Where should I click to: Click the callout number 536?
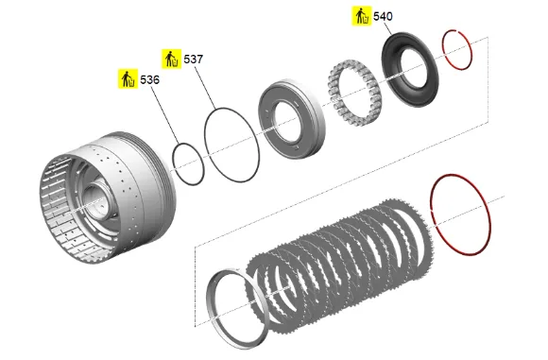tap(149, 80)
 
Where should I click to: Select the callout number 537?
tap(194, 60)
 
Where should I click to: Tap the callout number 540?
tap(383, 16)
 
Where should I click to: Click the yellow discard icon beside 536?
tap(128, 79)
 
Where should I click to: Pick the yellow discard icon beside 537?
tap(171, 59)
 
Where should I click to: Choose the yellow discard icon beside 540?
tap(361, 16)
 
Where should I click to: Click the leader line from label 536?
tap(164, 114)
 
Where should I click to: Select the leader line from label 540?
tap(386, 27)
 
